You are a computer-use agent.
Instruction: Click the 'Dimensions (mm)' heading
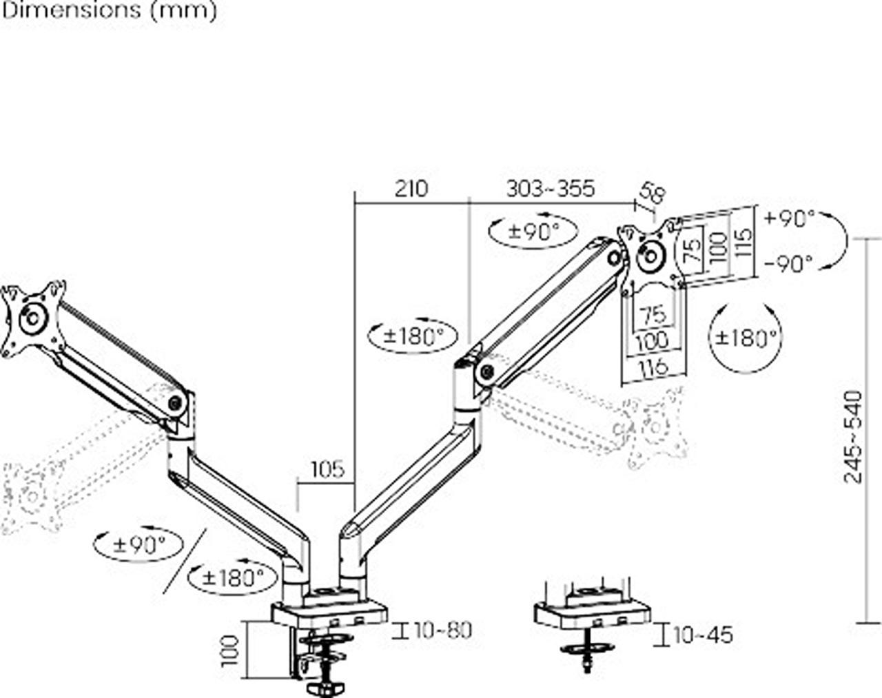pos(109,11)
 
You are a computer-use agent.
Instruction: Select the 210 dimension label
pos(411,189)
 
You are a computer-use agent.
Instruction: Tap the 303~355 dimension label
pos(551,189)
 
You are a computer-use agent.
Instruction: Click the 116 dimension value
pos(654,366)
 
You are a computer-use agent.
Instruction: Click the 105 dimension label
pos(328,470)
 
